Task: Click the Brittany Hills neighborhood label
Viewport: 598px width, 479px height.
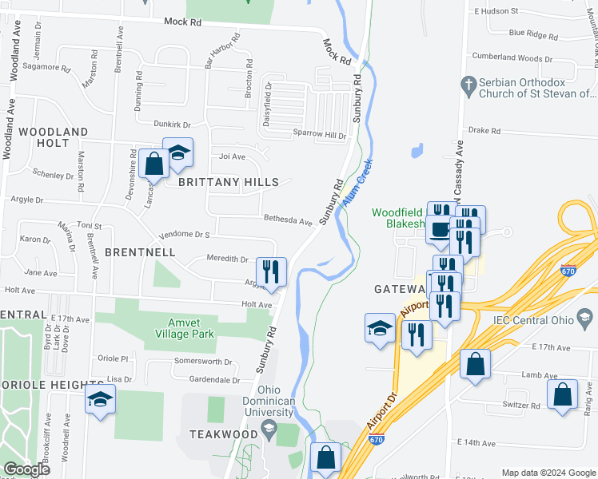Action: pyautogui.click(x=217, y=182)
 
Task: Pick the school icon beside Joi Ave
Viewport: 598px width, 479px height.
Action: pyautogui.click(x=178, y=152)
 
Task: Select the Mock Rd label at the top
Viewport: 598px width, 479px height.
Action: pyautogui.click(x=183, y=22)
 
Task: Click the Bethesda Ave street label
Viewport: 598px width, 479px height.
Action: pyautogui.click(x=289, y=220)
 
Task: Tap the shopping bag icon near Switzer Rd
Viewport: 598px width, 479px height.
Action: pyautogui.click(x=563, y=394)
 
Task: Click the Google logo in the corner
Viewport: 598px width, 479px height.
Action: pyautogui.click(x=26, y=469)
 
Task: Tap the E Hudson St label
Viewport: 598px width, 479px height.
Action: pyautogui.click(x=496, y=11)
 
